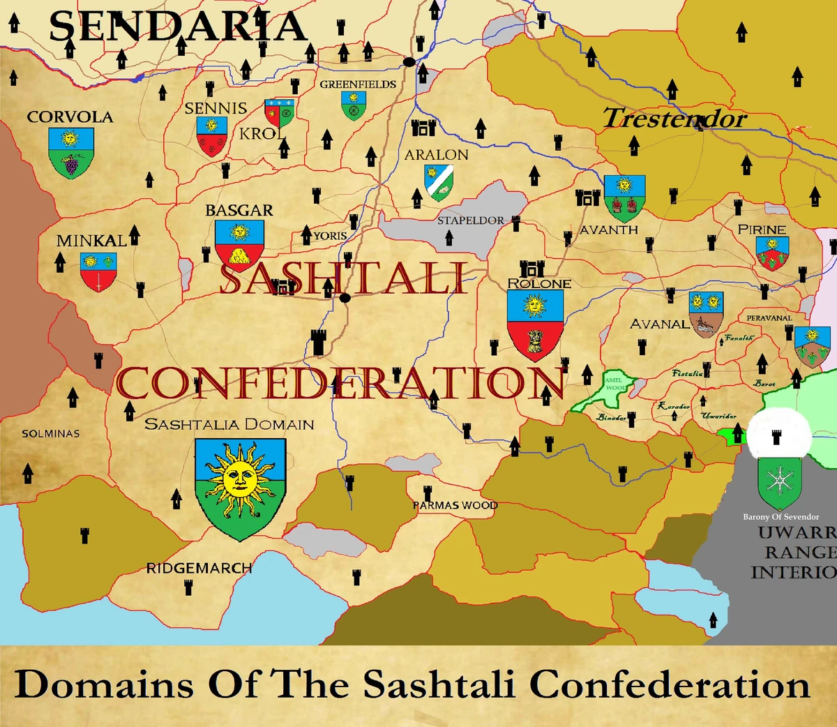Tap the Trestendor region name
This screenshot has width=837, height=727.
pyautogui.click(x=674, y=119)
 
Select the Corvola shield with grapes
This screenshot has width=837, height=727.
pyautogui.click(x=70, y=153)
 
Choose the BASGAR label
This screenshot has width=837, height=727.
pyautogui.click(x=239, y=210)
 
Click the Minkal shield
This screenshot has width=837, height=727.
pyautogui.click(x=98, y=271)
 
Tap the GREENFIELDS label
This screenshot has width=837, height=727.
pyautogui.click(x=358, y=84)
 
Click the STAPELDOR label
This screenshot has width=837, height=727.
pyautogui.click(x=471, y=220)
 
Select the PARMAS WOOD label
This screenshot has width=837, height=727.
pyautogui.click(x=455, y=505)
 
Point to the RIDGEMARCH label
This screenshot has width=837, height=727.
pyautogui.click(x=199, y=568)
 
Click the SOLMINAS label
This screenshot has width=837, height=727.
pyautogui.click(x=50, y=433)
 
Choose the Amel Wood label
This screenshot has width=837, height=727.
pyautogui.click(x=614, y=384)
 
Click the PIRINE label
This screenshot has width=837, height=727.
pyautogui.click(x=762, y=230)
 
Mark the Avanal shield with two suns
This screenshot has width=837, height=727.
pyautogui.click(x=705, y=313)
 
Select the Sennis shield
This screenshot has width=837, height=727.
pyautogui.click(x=211, y=136)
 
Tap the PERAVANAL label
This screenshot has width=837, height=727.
pyautogui.click(x=769, y=318)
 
